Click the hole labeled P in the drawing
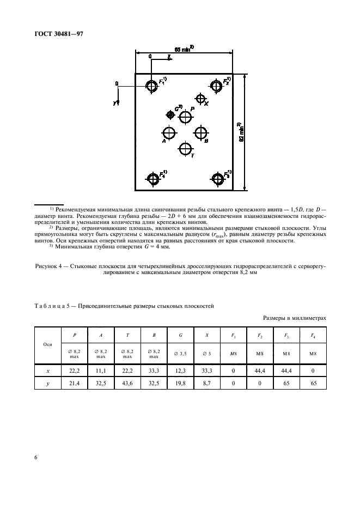point(186,117)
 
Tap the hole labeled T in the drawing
point(186,148)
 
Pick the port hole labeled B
point(202,132)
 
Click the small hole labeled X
point(201,99)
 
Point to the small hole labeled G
point(171,114)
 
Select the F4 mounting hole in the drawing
point(152,178)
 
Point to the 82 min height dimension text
point(240,132)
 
